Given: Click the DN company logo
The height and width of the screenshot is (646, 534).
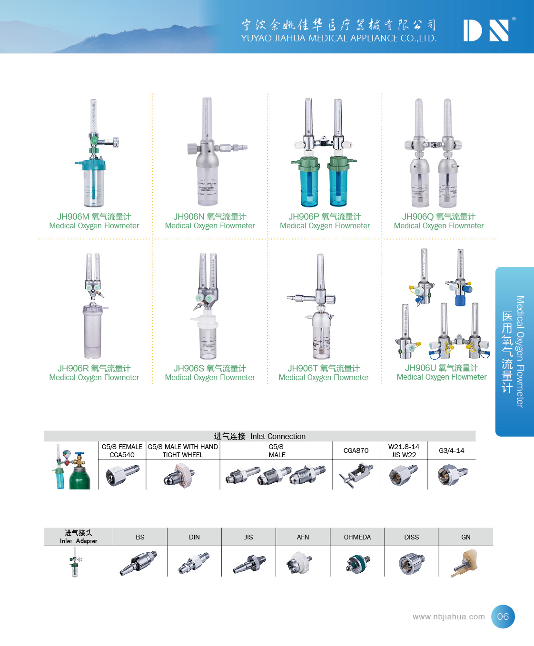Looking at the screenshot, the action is [x=486, y=30].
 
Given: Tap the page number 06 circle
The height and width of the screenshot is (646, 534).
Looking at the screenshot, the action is [x=503, y=617].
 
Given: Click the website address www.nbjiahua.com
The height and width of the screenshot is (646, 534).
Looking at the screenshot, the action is [x=448, y=617].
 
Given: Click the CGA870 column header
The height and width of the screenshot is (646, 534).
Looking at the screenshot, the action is [x=356, y=450].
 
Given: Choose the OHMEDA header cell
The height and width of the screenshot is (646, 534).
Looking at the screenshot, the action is [x=357, y=537].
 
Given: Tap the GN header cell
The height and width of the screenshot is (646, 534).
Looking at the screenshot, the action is [x=466, y=537].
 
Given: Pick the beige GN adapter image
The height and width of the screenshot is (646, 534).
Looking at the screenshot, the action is [x=465, y=563].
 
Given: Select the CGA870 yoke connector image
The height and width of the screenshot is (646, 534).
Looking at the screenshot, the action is [x=356, y=475].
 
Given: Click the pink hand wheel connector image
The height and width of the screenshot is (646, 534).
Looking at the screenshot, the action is [x=179, y=476].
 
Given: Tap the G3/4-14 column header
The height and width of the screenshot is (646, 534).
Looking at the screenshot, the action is [x=451, y=450].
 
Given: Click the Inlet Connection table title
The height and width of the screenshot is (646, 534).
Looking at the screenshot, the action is [x=259, y=436].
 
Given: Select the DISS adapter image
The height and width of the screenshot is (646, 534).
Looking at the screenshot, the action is [x=411, y=564].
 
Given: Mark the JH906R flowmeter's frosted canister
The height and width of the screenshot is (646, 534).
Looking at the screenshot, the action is [x=92, y=331].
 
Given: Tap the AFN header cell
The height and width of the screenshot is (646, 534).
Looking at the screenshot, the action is [x=303, y=537].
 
